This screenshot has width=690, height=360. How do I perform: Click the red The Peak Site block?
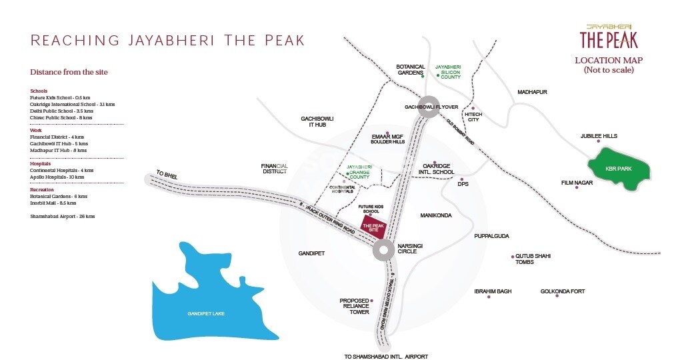pyautogui.click(x=374, y=227)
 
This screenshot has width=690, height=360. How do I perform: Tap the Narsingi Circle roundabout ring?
pyautogui.click(x=383, y=251)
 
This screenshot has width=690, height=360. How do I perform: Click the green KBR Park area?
pyautogui.click(x=618, y=169)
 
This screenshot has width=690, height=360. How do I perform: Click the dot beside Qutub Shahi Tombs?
pyautogui.click(x=513, y=257)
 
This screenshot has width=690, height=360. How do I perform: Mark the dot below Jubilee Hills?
pyautogui.click(x=598, y=142)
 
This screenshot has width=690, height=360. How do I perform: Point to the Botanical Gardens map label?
pyautogui.click(x=410, y=69)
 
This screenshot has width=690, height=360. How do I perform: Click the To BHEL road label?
pyautogui.click(x=165, y=173)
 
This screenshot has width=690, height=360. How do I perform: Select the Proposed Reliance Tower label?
pyautogui.click(x=355, y=306)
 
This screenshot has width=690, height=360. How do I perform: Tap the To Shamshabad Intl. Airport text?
pyautogui.click(x=385, y=357)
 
